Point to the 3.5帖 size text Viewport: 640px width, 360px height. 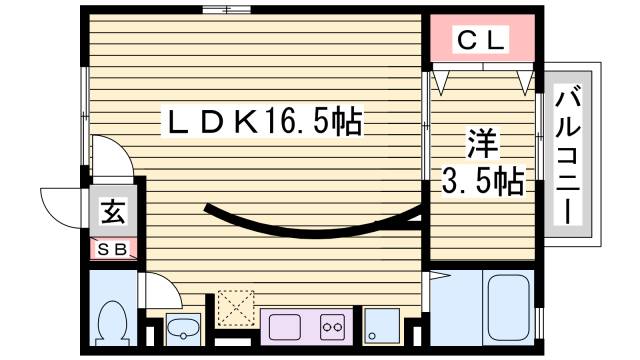(484, 182)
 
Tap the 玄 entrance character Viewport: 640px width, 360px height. (112, 213)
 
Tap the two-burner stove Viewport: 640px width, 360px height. (332, 326)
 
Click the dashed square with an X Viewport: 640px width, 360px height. (237, 309)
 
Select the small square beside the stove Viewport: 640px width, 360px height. (380, 324)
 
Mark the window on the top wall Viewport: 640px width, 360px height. (226, 11)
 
